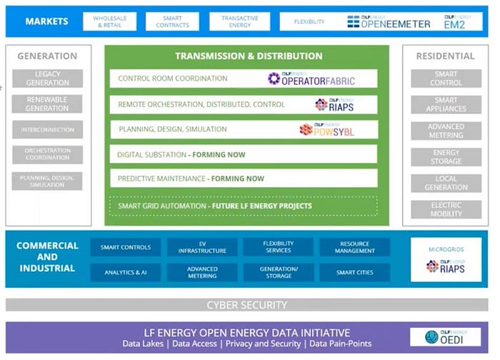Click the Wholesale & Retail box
point(109,22)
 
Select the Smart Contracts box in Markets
point(172,22)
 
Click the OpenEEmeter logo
point(389,21)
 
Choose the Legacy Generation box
point(47,79)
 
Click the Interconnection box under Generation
point(47,130)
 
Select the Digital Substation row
point(243,154)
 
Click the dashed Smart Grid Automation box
point(243,206)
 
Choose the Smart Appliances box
point(446,105)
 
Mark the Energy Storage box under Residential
point(446,157)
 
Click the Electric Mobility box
point(446,209)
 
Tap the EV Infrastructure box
point(202,247)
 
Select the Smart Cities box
point(355,272)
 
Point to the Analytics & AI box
point(126,272)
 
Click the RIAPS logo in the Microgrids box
point(446,266)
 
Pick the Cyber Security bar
point(246,305)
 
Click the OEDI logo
point(445,336)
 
